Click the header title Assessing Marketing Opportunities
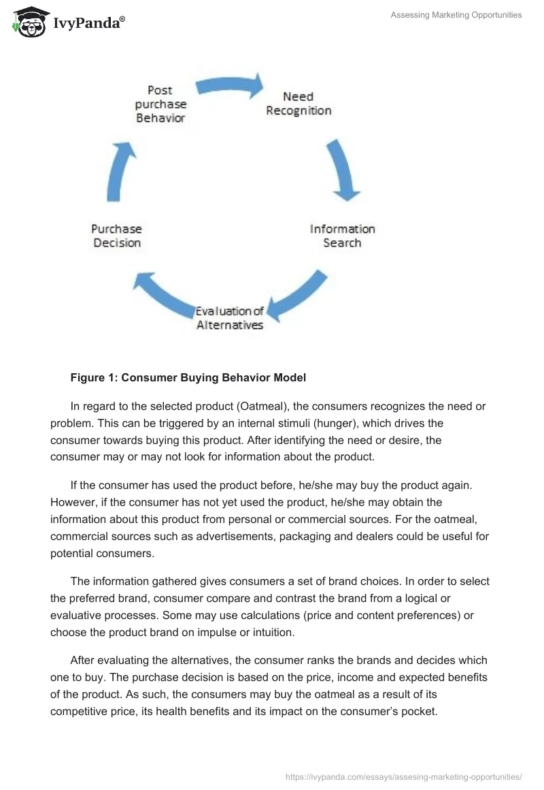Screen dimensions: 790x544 point(456,15)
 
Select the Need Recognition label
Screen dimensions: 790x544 point(299,104)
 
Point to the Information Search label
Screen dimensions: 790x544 point(342,236)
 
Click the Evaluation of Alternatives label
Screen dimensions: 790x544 point(230,318)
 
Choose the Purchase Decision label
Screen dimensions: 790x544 point(117,236)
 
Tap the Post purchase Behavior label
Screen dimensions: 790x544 point(160,104)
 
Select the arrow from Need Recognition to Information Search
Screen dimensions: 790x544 point(343,170)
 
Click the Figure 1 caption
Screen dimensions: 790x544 point(188,377)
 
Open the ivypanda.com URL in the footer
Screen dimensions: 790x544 point(403,776)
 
